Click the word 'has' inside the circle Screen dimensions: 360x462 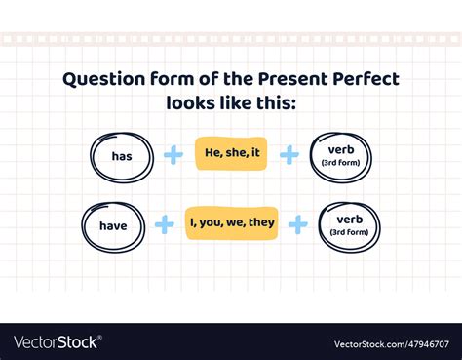pos(122,156)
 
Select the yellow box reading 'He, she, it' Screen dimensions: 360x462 pos(230,154)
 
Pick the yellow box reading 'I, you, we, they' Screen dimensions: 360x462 pos(232,223)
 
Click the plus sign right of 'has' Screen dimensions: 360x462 pos(173,155)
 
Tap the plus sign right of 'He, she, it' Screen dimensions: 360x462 pos(289,155)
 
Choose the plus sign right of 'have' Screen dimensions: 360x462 pos(166,223)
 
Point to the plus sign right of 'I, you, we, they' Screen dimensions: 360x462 pos(298,223)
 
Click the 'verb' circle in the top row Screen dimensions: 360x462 pos(341,156)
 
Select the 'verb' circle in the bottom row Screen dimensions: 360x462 pos(349,225)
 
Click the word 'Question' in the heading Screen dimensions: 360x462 pos(104,80)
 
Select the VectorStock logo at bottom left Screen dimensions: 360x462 pos(57,342)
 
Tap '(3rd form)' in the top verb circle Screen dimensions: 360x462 pos(341,163)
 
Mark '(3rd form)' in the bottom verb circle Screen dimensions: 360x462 pos(349,232)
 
